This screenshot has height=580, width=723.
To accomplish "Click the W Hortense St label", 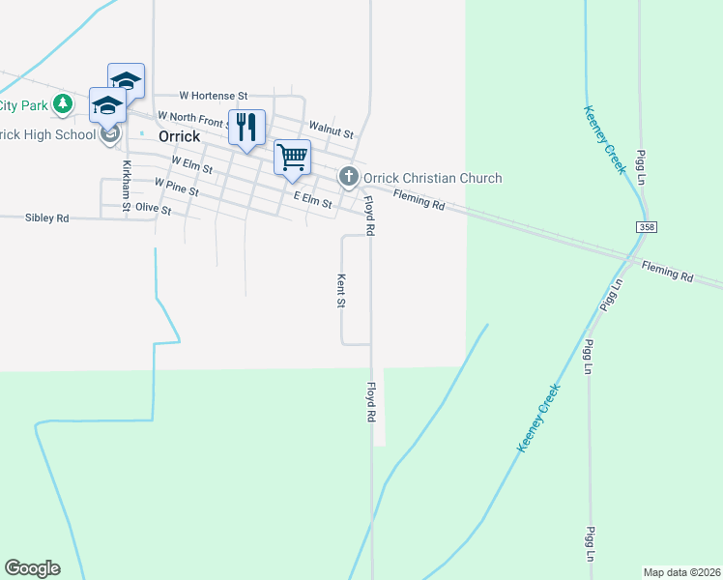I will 214,96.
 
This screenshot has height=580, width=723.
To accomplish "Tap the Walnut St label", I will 330,128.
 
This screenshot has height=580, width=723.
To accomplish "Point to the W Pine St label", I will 176,186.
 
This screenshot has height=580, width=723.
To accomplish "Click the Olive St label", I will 153,209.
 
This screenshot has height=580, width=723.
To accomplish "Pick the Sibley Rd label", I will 46,218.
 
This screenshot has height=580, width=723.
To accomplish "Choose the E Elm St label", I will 312,199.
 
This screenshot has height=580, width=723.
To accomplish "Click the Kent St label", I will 341,290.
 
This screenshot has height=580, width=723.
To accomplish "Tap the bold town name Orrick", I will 179,136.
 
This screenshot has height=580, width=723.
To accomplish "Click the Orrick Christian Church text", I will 432,178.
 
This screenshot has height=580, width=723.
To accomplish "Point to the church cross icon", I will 348,177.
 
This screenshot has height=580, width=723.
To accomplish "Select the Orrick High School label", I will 46,134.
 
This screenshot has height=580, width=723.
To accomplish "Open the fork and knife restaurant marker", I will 246,127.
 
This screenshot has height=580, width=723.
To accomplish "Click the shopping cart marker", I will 292,157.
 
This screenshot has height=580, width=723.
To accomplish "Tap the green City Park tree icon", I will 63,102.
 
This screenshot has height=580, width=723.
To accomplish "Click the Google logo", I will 32,568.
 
